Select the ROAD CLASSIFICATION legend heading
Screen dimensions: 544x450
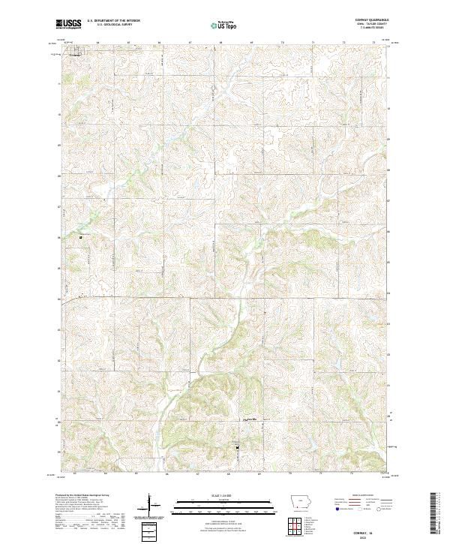(x=361, y=496)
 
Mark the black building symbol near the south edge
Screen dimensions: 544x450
(x=238, y=449)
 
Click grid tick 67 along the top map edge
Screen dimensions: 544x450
(x=190, y=42)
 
